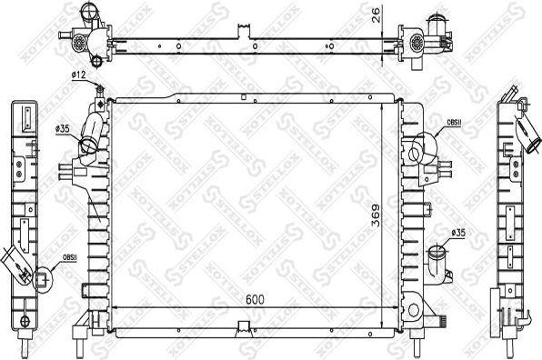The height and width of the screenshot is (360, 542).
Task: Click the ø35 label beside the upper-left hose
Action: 63,129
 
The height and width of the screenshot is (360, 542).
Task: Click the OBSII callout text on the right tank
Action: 454,125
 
